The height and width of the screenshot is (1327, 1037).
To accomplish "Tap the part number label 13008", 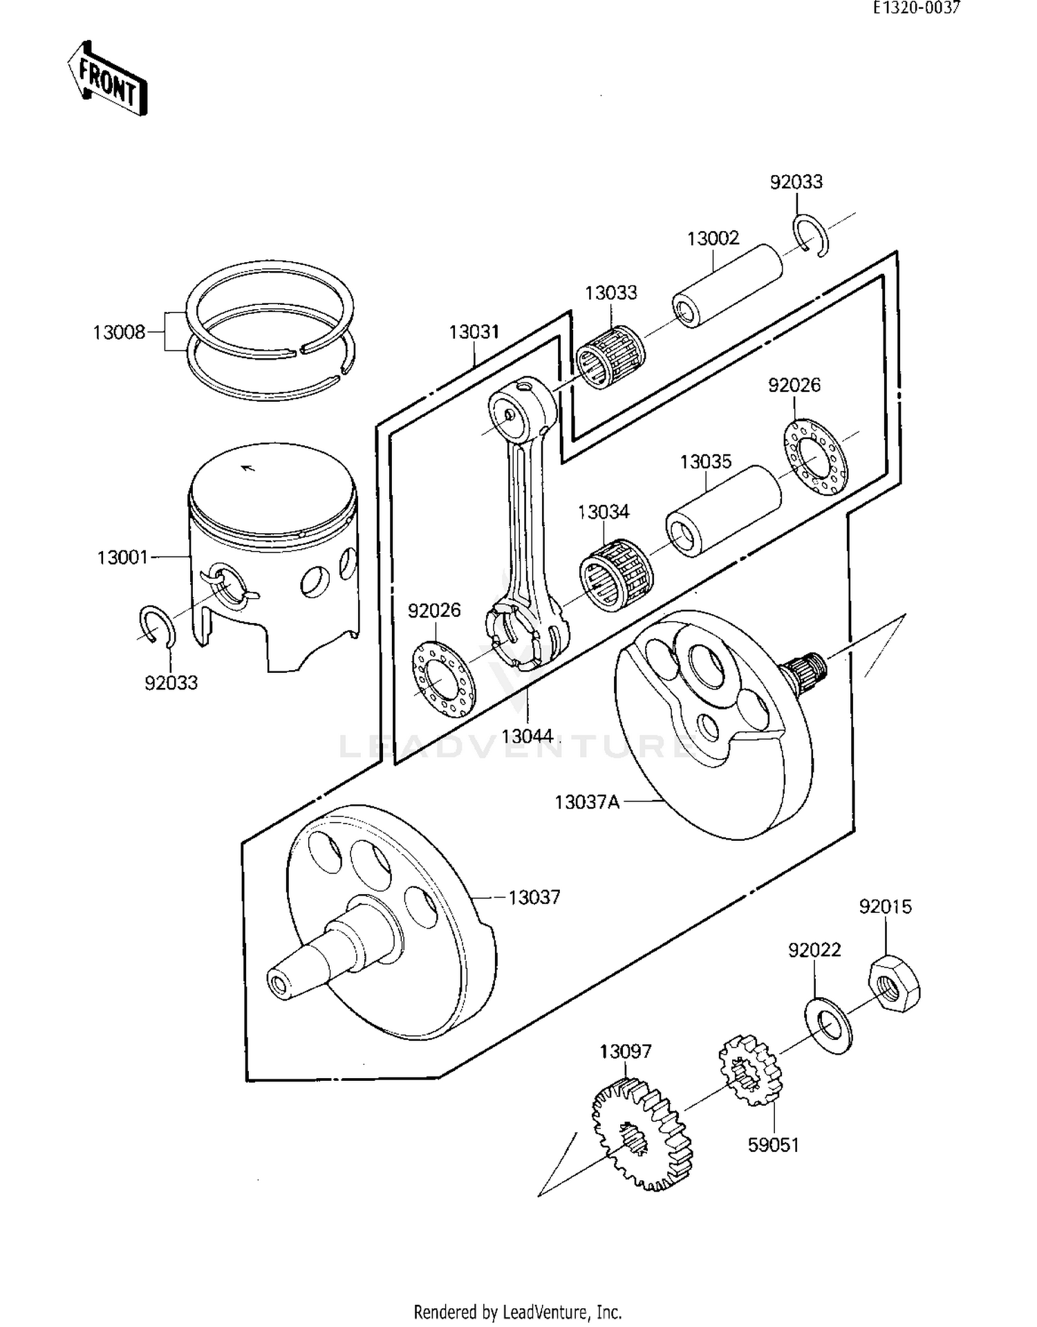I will coord(119,333).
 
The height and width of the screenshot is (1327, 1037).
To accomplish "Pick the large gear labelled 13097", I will coord(641,1135).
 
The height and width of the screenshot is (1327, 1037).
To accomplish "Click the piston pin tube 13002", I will coord(727,286).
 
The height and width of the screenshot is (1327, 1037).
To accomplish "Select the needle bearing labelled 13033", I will coord(611,356).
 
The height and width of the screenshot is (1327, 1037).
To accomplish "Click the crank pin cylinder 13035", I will coord(723,511).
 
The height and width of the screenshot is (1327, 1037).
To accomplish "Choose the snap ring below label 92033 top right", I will coord(812,236).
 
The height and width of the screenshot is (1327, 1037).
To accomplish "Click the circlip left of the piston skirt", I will coord(158,624).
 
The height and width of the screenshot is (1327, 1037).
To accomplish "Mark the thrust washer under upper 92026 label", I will coord(816,457).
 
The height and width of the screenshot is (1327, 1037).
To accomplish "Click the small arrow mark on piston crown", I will coord(247,468).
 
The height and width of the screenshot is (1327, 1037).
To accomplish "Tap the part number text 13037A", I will coord(587,802).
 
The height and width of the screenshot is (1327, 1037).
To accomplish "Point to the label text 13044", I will coord(527,736).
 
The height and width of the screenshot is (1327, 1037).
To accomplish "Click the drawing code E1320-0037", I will coord(916,8).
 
